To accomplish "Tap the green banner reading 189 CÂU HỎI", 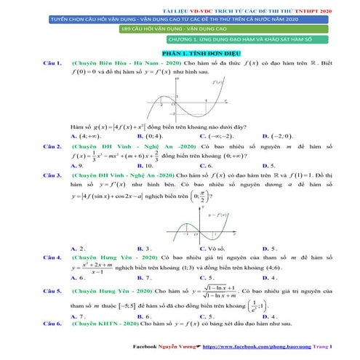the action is point(180,28).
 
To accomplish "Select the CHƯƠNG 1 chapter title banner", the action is point(180,40).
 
